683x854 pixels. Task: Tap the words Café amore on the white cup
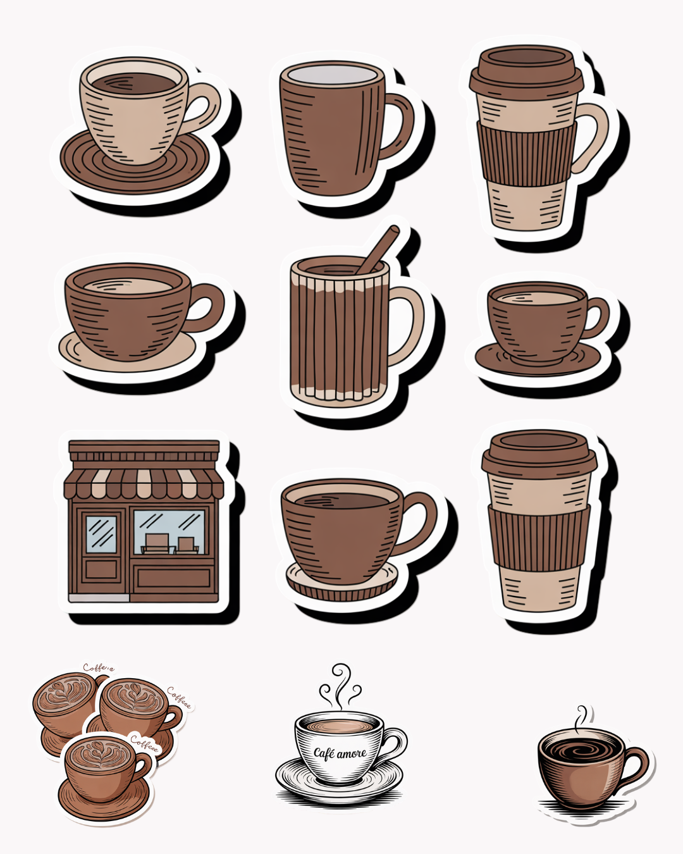340,753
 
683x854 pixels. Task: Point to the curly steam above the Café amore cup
340,686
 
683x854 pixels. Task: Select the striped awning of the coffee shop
144,483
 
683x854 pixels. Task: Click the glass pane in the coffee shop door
101,533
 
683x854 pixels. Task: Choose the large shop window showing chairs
169,531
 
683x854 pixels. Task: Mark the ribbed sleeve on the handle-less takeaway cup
539,538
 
